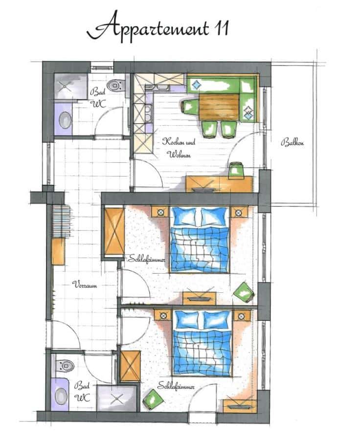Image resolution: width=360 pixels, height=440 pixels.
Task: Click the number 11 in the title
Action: pyautogui.click(x=222, y=28)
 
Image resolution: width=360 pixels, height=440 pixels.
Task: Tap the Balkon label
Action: pyautogui.click(x=292, y=143)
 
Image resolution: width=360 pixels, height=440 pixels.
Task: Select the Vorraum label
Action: pyautogui.click(x=85, y=285)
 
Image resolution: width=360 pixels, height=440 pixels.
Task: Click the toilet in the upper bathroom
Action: pyautogui.click(x=116, y=85)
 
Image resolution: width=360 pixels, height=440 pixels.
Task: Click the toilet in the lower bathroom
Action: pyautogui.click(x=65, y=365)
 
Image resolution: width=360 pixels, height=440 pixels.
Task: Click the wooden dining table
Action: pyautogui.click(x=219, y=107)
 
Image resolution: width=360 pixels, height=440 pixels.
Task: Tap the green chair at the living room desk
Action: pyautogui.click(x=235, y=170)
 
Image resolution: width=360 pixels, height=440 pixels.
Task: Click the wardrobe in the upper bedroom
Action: pyautogui.click(x=114, y=231)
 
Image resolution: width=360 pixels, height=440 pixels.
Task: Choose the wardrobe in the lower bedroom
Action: pyautogui.click(x=130, y=366)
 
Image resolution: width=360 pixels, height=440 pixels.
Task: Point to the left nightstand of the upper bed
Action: pyautogui.click(x=160, y=212)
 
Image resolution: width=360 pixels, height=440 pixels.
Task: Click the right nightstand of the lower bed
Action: pyautogui.click(x=242, y=316)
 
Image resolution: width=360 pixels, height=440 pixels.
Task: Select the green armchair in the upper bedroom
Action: pyautogui.click(x=244, y=292)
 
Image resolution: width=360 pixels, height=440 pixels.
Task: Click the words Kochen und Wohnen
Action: pyautogui.click(x=179, y=148)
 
